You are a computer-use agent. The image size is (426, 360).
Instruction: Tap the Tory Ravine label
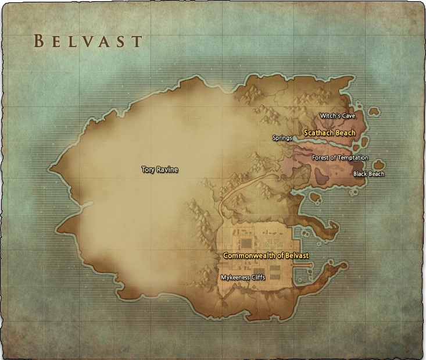160,170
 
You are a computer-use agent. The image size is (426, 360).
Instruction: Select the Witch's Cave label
337,116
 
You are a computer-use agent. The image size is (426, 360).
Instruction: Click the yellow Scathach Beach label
329,133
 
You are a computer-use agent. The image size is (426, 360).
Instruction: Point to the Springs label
282,138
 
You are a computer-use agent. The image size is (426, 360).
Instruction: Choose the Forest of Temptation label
340,158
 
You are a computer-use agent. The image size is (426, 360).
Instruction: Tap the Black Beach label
369,174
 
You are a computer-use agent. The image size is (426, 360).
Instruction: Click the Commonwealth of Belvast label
266,255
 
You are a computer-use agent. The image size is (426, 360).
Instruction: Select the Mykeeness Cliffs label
243,277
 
